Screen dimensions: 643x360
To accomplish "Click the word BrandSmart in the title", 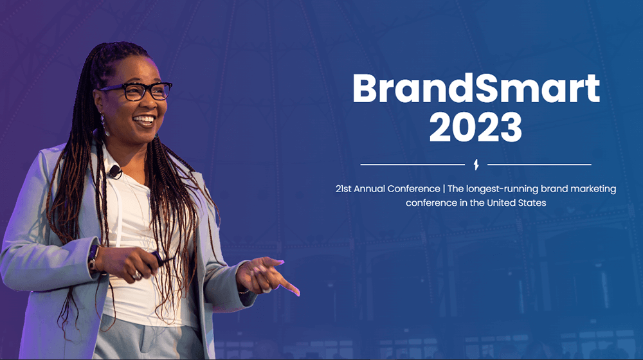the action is point(476,88).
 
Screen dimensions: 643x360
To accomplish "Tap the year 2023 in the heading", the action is point(476,127).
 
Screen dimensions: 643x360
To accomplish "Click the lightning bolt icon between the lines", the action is point(476,165).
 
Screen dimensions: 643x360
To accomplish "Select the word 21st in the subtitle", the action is point(343,188).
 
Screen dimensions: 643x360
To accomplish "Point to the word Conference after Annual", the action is point(413,188).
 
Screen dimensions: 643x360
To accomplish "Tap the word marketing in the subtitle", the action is point(593,189).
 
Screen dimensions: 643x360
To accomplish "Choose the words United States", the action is point(516,203).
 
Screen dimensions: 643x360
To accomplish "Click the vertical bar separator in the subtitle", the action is point(444,189).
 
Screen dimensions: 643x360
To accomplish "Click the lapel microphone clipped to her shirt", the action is point(115,172).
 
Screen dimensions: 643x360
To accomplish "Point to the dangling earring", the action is point(105,125).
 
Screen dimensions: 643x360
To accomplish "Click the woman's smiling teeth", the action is point(144,120).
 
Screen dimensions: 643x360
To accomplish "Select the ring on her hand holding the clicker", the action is point(136,274).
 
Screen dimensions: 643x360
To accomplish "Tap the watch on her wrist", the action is point(93,258).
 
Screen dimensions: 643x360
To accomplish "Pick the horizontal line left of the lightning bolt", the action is point(413,165).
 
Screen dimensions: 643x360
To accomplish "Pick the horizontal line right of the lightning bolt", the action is point(539,165).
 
